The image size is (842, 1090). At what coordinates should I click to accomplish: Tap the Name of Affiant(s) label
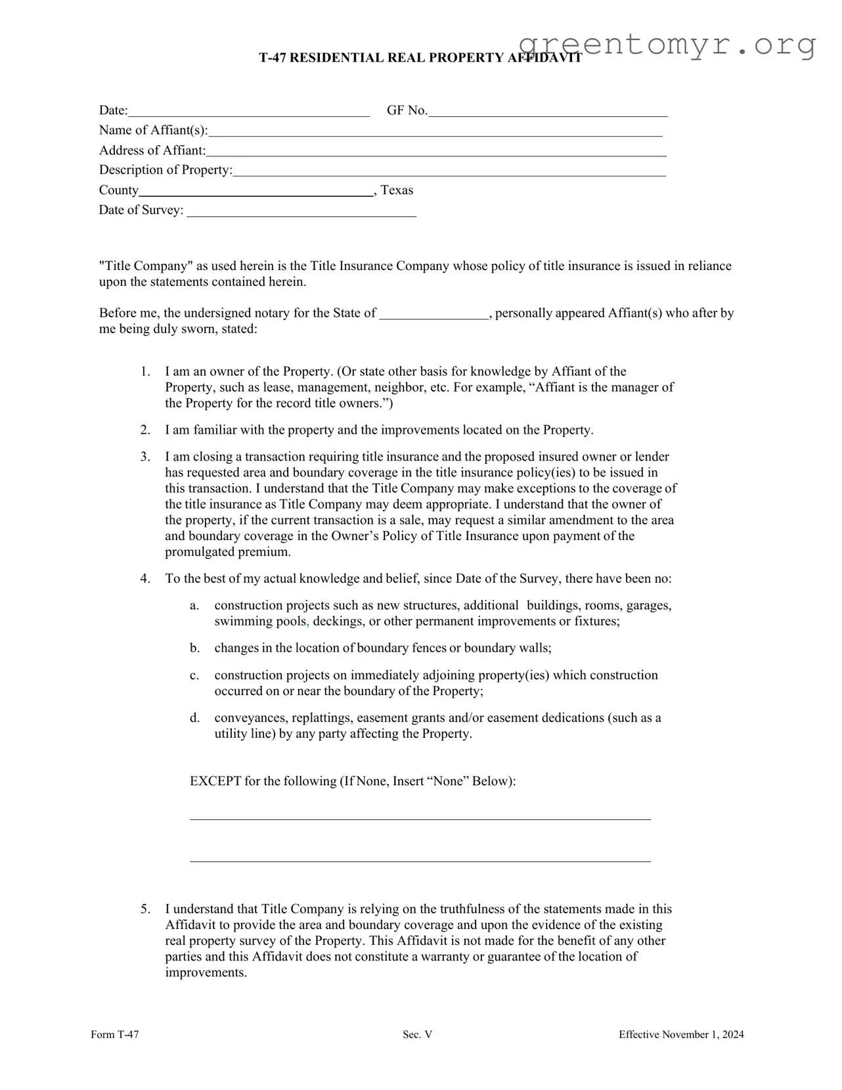(153, 130)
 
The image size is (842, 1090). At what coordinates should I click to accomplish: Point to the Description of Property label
(166, 170)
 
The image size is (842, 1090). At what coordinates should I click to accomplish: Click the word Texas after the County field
(397, 191)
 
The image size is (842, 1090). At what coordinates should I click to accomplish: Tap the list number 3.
(144, 457)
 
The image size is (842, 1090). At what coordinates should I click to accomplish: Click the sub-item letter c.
(194, 675)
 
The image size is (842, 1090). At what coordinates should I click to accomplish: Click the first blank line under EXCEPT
(420, 818)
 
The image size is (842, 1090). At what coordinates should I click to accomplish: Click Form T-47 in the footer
(115, 1035)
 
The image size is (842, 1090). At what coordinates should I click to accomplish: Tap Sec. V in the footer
(418, 1035)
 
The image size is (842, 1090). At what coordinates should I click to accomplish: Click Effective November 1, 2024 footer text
(681, 1035)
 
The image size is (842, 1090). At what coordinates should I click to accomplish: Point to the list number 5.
(144, 909)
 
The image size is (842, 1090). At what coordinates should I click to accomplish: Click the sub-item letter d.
(194, 718)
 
